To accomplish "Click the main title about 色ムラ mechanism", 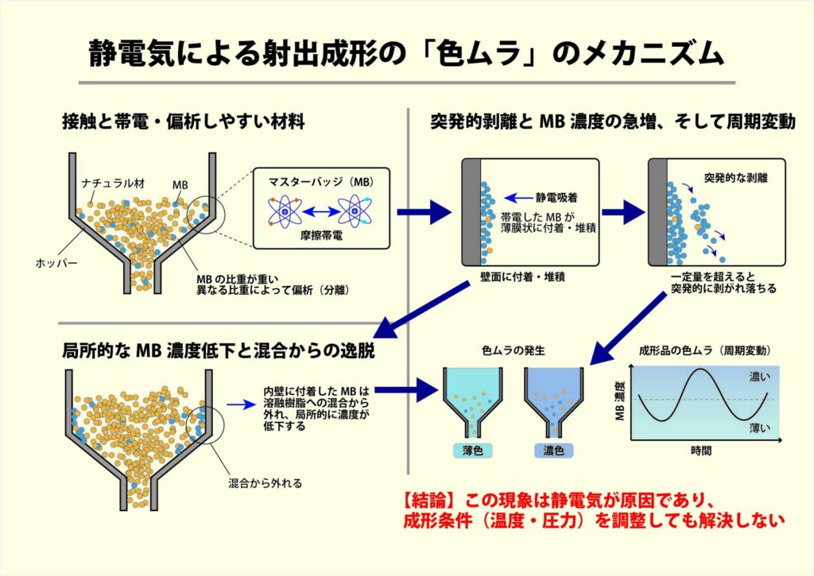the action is coord(406,54).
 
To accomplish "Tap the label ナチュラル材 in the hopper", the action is coord(114,184).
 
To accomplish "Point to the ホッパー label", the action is coord(56,263).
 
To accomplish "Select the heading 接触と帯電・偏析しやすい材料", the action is coord(184,122).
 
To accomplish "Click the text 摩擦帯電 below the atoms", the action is coord(321,235).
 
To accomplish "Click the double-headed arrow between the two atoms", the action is coord(320,211).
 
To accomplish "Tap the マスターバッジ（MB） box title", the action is coord(321,182).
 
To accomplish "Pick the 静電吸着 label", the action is coord(556,197).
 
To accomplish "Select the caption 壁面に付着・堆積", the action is coord(522,276).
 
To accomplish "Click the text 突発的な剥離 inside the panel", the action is coord(735,178).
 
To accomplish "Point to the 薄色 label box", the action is coord(472,450).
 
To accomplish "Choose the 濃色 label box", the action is coord(553,450).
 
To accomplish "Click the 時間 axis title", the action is coord(701,450).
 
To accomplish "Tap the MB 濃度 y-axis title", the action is coord(619,400).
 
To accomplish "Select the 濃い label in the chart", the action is coord(760,377).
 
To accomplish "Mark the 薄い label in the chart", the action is coord(760,428).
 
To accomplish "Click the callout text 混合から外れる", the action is coord(266,483).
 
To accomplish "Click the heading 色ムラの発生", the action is coord(514,351).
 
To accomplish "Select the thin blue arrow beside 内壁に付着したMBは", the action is coord(241,404).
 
